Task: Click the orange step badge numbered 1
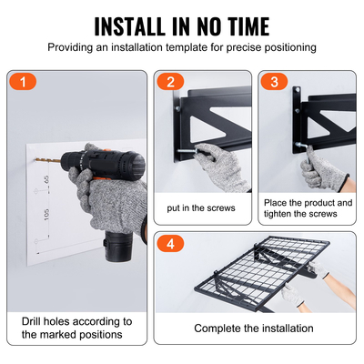click(x=24, y=82)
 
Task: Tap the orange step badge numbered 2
click(x=169, y=82)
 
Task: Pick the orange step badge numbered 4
click(x=169, y=244)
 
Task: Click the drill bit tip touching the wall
click(x=38, y=161)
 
